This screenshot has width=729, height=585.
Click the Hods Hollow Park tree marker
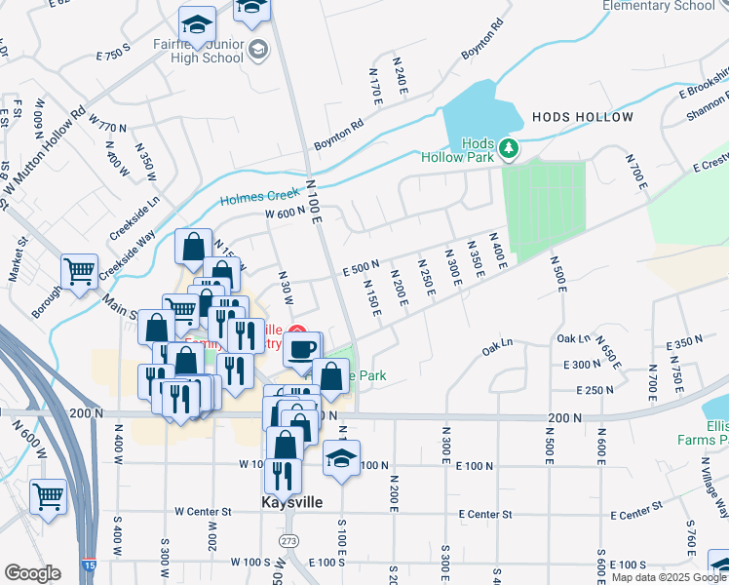pos(508,148)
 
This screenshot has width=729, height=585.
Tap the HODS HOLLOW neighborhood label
pos(583,117)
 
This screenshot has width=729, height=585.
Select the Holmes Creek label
pos(255,197)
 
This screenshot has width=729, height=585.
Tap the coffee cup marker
pos(303,347)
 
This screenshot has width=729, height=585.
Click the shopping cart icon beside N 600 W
pos(48,496)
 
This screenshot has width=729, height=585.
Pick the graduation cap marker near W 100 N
pos(341,457)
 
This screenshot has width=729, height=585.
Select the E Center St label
pos(484,514)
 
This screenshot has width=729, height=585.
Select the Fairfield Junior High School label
pos(199,51)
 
